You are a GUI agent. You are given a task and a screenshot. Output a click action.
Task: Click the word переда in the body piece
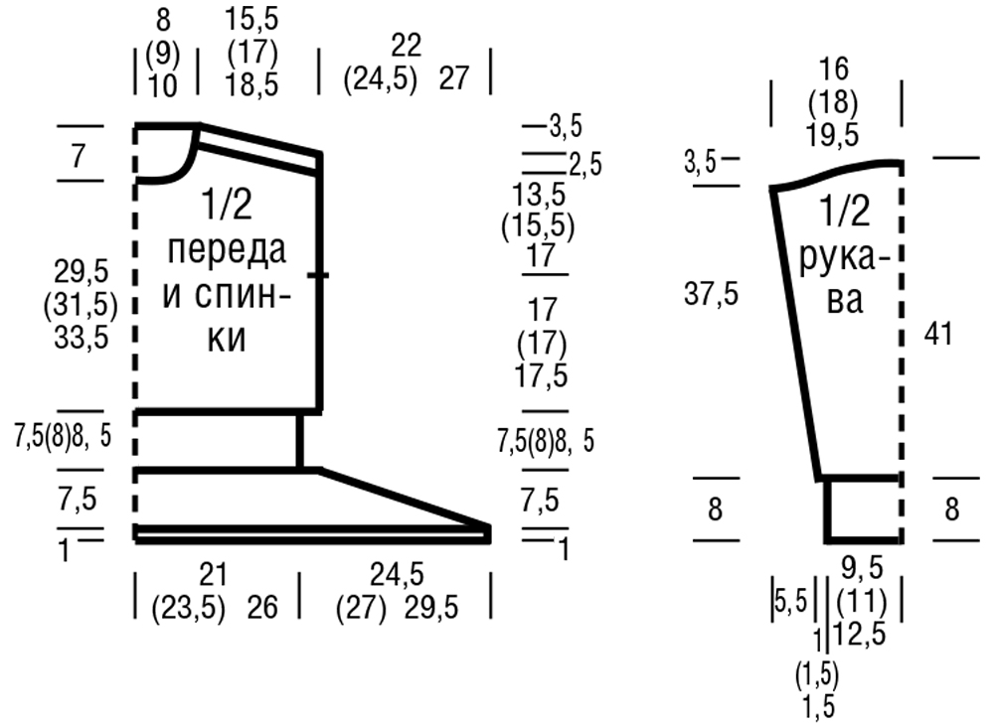(227, 250)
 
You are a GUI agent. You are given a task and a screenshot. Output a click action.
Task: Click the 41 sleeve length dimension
(938, 334)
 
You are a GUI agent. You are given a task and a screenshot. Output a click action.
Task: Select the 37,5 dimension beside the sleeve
(712, 294)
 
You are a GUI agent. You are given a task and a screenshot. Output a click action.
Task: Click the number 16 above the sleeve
(833, 70)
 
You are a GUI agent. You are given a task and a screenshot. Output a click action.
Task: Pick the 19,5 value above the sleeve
(833, 135)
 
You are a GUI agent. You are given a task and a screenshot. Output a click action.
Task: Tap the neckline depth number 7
(78, 155)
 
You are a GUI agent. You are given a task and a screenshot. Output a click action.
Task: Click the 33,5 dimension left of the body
(81, 337)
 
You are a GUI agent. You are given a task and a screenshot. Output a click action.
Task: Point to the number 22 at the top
(406, 47)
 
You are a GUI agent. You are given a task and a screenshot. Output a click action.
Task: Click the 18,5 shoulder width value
(251, 84)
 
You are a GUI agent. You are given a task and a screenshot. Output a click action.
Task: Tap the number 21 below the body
(213, 575)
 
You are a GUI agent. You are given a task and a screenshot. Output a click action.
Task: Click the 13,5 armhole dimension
(539, 195)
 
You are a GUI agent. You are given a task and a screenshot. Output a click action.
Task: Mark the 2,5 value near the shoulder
(585, 165)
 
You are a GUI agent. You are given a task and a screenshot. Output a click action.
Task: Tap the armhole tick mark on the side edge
(318, 275)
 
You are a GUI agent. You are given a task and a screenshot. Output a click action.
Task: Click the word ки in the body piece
(227, 339)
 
